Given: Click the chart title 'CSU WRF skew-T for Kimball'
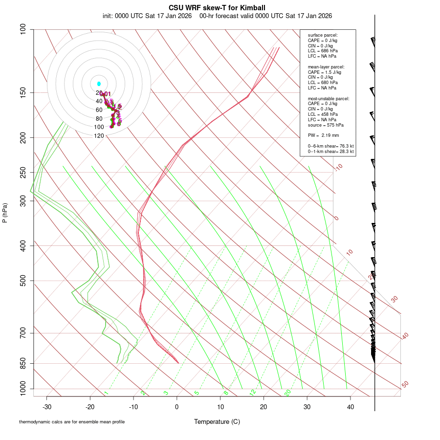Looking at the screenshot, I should pyautogui.click(x=217, y=8).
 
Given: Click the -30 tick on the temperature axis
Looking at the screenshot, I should pyautogui.click(x=47, y=407).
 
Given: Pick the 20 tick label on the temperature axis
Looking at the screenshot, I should pyautogui.click(x=264, y=407).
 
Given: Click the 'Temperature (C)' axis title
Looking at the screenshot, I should pyautogui.click(x=217, y=421).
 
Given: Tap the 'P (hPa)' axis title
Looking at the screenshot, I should pyautogui.click(x=5, y=213).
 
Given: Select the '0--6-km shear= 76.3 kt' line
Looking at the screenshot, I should pyautogui.click(x=330, y=146).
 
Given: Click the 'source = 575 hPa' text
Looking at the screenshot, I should pyautogui.click(x=325, y=125).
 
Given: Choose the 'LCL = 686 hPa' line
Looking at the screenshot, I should pyautogui.click(x=323, y=51).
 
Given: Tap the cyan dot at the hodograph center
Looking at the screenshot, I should pyautogui.click(x=99, y=84).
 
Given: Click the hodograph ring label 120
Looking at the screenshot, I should pyautogui.click(x=99, y=136).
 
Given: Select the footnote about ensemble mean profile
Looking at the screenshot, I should pyautogui.click(x=72, y=421).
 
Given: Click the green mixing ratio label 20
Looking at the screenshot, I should pyautogui.click(x=288, y=393).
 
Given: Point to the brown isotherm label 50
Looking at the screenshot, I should pyautogui.click(x=405, y=384).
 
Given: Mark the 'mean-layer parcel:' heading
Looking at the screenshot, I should pyautogui.click(x=326, y=66).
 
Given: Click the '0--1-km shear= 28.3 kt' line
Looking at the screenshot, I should pyautogui.click(x=330, y=152).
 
